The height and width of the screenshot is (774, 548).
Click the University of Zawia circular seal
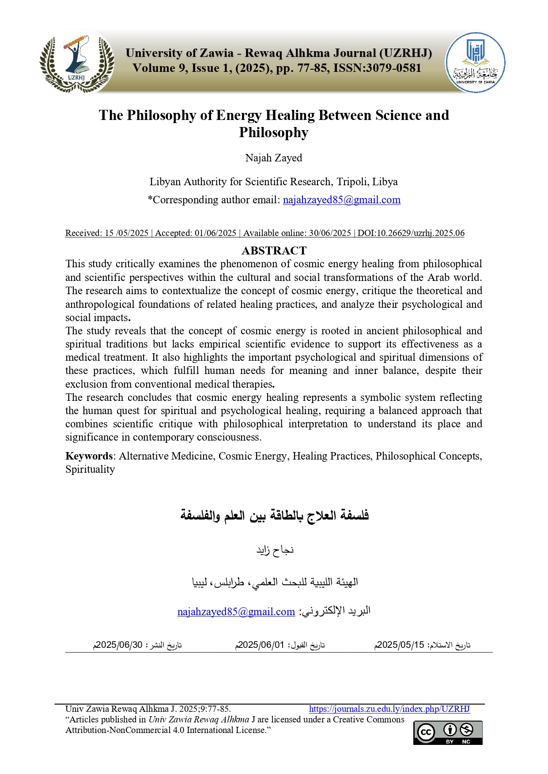coord(475,63)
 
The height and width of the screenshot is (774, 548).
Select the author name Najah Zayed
coord(274,158)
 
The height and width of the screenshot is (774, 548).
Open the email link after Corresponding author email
coord(341,200)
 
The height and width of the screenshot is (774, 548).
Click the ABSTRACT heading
coord(274,251)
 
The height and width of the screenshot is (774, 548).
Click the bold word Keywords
coord(89,456)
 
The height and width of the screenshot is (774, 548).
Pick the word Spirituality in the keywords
coord(90,469)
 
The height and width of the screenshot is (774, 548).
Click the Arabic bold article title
coord(274,515)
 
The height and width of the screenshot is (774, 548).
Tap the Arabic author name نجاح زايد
coord(275,550)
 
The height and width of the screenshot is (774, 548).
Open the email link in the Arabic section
coord(236,612)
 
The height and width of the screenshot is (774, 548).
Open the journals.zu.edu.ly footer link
coord(389,709)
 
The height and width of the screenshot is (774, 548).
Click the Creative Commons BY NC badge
coord(447,733)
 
